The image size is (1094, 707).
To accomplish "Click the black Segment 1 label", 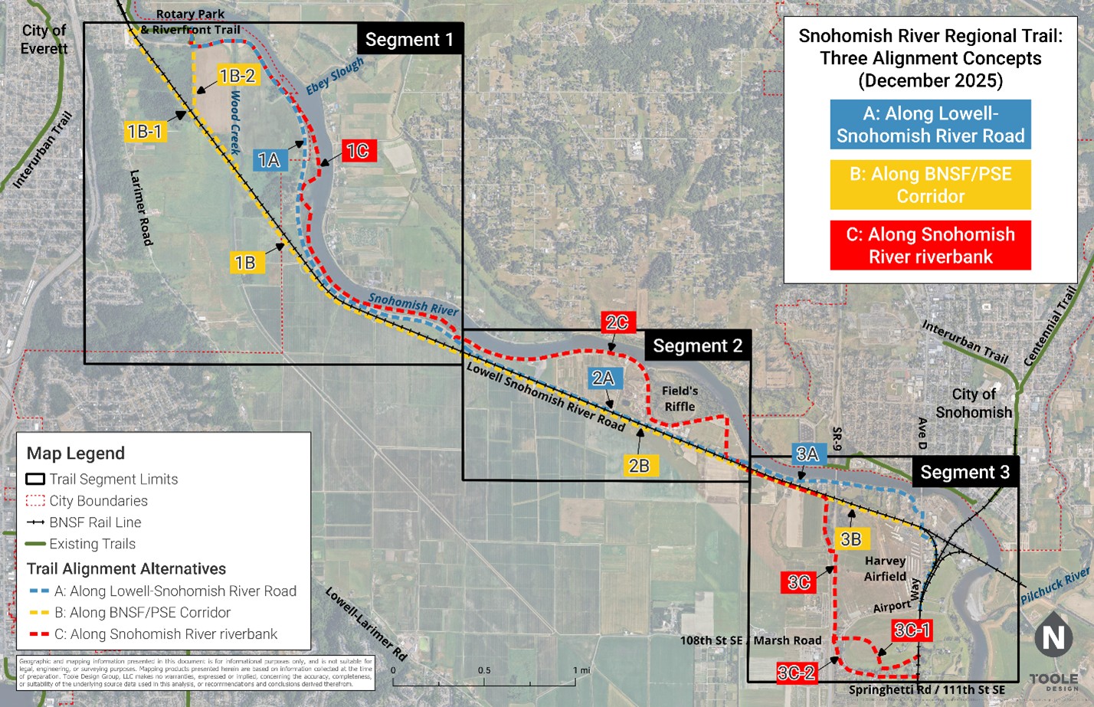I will click(x=409, y=39).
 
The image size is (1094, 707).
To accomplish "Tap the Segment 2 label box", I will click(x=697, y=346).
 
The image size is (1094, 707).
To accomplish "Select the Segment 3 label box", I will click(x=965, y=472).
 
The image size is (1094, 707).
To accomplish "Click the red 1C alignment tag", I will click(x=357, y=151).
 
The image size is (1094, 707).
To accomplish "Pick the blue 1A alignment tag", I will click(x=269, y=159).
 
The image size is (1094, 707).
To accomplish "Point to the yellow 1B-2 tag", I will click(x=237, y=75).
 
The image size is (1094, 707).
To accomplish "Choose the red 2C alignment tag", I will click(x=617, y=322).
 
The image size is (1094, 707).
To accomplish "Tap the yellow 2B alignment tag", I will click(x=639, y=465).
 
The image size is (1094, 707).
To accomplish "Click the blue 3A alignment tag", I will click(x=807, y=453).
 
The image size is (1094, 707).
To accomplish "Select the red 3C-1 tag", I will click(x=912, y=630).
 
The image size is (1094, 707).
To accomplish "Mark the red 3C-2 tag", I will click(x=796, y=673).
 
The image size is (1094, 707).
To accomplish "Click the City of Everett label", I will click(x=44, y=39).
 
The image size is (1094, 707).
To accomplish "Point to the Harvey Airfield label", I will click(x=885, y=568).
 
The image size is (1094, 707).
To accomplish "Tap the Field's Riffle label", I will click(x=680, y=398).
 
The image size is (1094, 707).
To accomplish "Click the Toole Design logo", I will click(x=1053, y=681).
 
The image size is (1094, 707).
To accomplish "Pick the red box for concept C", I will click(x=930, y=245).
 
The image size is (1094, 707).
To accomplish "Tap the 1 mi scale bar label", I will click(x=581, y=670).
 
